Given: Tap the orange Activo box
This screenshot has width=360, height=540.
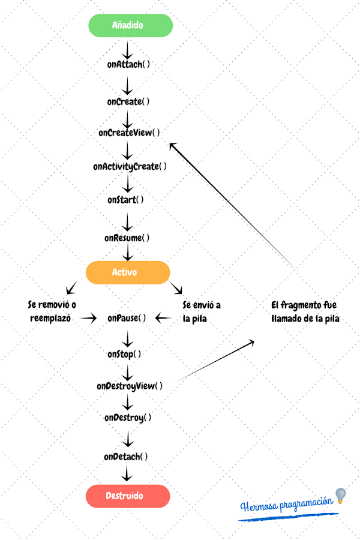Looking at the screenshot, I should click(x=128, y=272).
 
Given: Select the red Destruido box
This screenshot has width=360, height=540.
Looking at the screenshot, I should click(x=128, y=496).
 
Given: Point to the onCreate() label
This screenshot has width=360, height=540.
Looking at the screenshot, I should click(x=128, y=101).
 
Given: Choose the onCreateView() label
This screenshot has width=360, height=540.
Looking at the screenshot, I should click(x=129, y=133).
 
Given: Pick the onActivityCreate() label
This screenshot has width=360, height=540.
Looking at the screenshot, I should click(x=130, y=166).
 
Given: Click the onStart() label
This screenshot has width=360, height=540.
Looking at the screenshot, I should click(x=126, y=199).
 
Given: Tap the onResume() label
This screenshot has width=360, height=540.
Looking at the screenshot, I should click(x=127, y=238).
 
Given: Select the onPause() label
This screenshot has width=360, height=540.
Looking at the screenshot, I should click(x=127, y=317).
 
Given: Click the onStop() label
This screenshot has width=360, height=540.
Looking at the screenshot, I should click(x=124, y=354).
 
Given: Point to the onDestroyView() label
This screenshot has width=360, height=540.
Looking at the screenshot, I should click(x=130, y=386).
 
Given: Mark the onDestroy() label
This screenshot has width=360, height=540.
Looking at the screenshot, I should click(x=128, y=417).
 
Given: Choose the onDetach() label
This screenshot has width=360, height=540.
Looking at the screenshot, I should click(x=126, y=457).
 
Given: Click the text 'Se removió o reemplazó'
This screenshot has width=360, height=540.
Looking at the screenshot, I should click(x=52, y=312).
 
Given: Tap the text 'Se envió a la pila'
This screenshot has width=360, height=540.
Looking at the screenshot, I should click(x=201, y=312).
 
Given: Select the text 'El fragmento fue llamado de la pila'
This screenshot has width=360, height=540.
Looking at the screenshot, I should click(x=305, y=312).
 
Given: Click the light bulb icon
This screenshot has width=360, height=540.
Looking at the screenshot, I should click(x=341, y=496).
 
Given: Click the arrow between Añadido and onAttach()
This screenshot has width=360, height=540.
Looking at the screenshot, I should click(x=127, y=48).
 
